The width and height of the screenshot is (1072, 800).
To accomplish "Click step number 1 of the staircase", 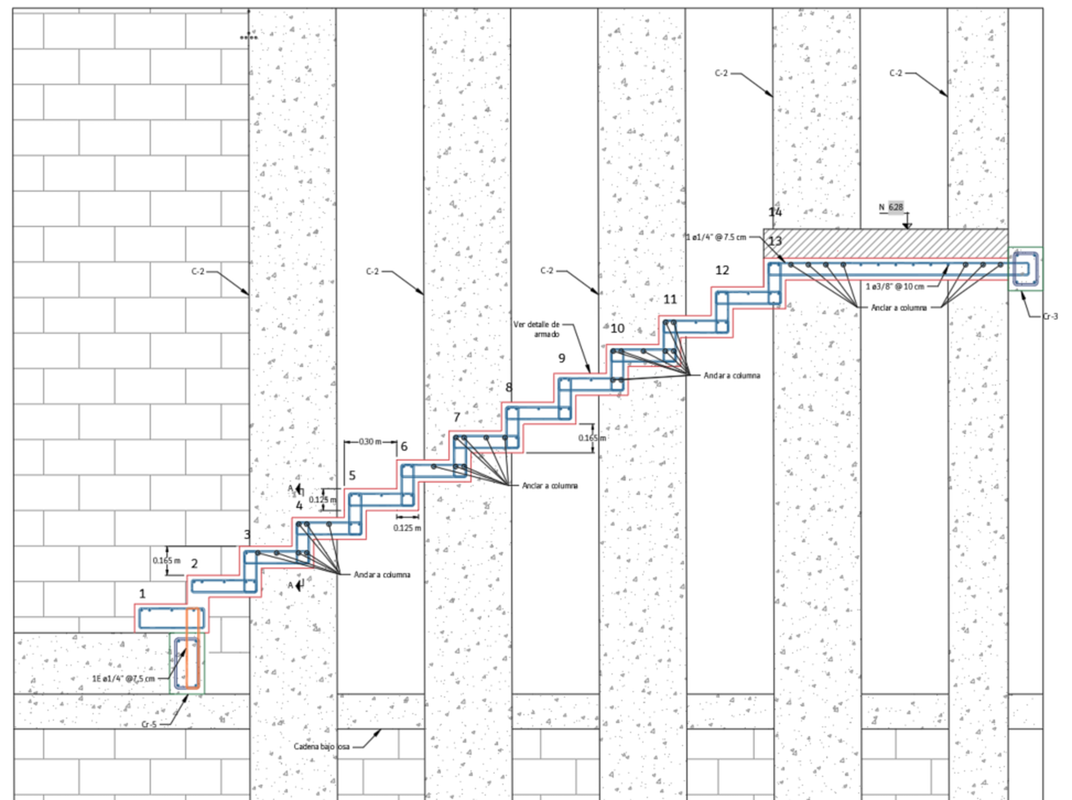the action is pyautogui.click(x=142, y=593).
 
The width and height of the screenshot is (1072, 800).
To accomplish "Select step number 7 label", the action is pyautogui.click(x=456, y=417).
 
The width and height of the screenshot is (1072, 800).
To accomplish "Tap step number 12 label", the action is pyautogui.click(x=722, y=270).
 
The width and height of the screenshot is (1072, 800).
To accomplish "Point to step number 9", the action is pyautogui.click(x=561, y=358).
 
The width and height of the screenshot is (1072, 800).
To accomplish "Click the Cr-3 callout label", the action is pyautogui.click(x=1050, y=316).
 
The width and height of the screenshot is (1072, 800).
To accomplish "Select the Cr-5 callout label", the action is pyautogui.click(x=149, y=725).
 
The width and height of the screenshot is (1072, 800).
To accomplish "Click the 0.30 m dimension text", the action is pyautogui.click(x=370, y=442).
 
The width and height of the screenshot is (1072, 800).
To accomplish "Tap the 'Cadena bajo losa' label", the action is pyautogui.click(x=321, y=746).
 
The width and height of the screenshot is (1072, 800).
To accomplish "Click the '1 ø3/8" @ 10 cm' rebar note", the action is pyautogui.click(x=895, y=286).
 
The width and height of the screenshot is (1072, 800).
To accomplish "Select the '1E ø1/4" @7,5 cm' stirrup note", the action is pyautogui.click(x=123, y=679).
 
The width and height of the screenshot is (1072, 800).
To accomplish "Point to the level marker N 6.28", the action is pyautogui.click(x=891, y=207).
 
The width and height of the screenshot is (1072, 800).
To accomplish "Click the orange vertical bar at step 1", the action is pyautogui.click(x=193, y=649).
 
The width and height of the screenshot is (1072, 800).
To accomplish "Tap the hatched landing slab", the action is pyautogui.click(x=885, y=244).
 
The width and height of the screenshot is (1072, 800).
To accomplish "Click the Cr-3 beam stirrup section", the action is pyautogui.click(x=1026, y=269).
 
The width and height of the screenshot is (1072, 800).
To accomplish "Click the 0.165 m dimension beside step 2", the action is pyautogui.click(x=166, y=560).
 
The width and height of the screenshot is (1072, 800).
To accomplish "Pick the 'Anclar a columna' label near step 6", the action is pyautogui.click(x=550, y=485).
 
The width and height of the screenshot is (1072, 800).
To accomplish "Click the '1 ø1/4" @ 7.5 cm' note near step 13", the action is pyautogui.click(x=716, y=237).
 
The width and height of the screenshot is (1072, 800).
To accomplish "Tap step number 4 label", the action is pyautogui.click(x=299, y=506).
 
